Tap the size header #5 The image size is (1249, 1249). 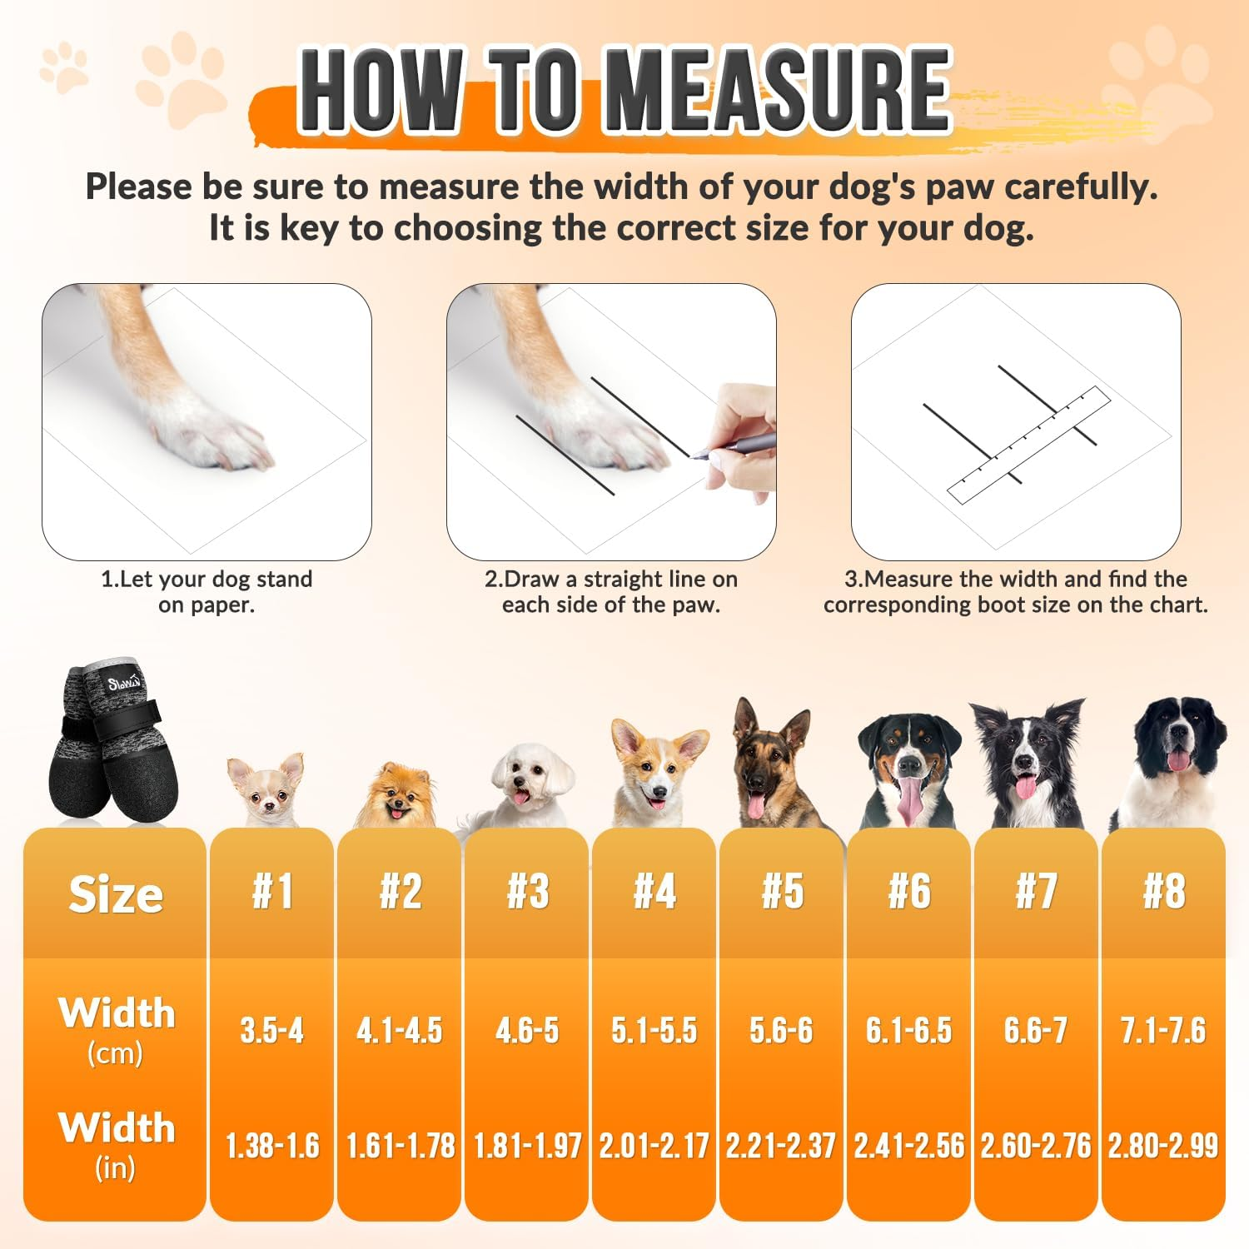click(782, 891)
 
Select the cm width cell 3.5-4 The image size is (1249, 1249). click(271, 1031)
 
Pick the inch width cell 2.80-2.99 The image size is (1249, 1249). click(1162, 1146)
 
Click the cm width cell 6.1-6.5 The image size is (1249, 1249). click(908, 1031)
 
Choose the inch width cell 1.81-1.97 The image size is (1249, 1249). click(527, 1146)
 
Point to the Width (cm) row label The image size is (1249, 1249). click(116, 1028)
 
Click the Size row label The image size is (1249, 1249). click(116, 894)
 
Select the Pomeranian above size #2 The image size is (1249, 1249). click(396, 795)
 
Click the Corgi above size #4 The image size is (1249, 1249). click(658, 774)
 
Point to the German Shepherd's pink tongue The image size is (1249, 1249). click(756, 805)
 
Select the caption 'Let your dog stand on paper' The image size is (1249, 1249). click(207, 591)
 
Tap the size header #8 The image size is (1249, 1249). click(1163, 891)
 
